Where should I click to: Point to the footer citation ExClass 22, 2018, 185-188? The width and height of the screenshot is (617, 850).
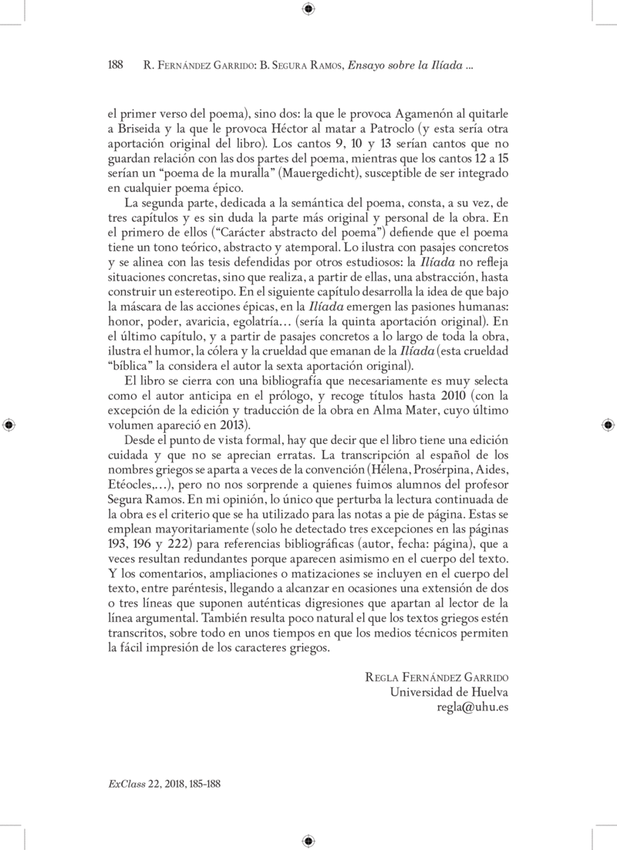pos(161,781)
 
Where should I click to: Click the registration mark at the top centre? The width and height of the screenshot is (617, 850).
pos(308,8)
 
